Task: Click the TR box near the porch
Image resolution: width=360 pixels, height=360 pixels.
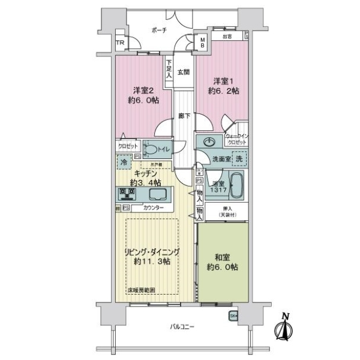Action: point(120,43)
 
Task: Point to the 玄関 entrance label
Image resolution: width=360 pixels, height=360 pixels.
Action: point(184,73)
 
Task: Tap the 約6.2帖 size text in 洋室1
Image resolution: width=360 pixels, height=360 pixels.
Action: point(220,92)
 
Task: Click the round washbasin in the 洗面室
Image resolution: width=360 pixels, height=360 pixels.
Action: point(208,143)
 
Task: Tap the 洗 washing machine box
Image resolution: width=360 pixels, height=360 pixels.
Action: point(238,160)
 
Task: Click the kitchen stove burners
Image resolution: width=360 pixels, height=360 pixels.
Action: point(127,194)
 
